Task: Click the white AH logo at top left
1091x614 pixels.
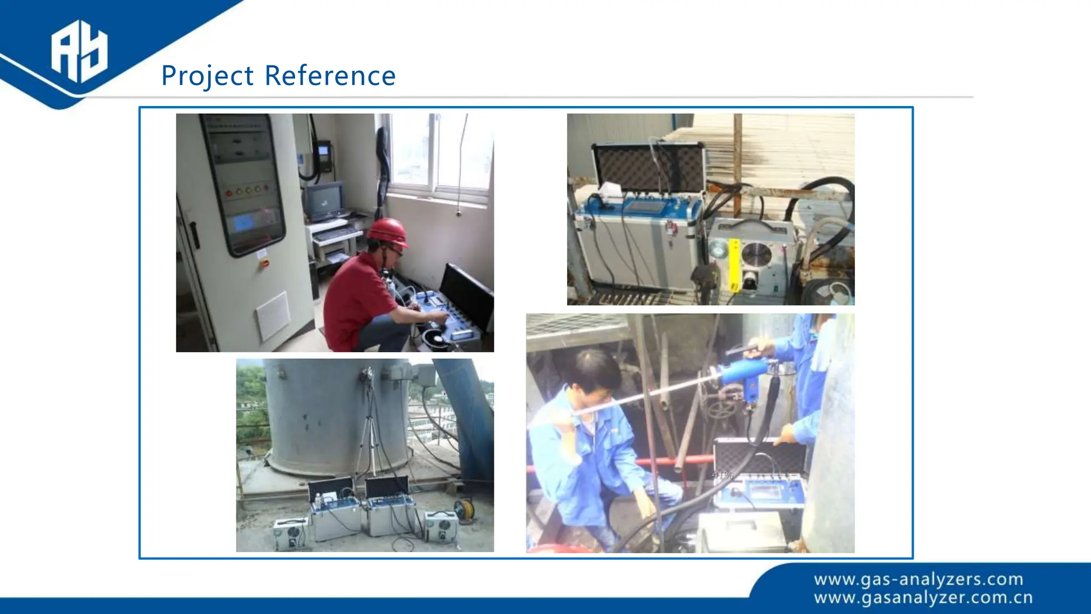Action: (x=79, y=51)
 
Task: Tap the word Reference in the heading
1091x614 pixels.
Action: (x=330, y=76)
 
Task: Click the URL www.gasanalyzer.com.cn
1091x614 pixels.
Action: (x=923, y=597)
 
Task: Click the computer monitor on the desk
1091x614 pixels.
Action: (x=324, y=201)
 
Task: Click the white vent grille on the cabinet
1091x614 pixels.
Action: (x=273, y=316)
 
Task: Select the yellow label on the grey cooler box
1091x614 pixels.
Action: (x=734, y=265)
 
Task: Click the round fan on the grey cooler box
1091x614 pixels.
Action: (x=756, y=254)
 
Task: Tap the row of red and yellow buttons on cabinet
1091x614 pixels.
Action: (x=247, y=190)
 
